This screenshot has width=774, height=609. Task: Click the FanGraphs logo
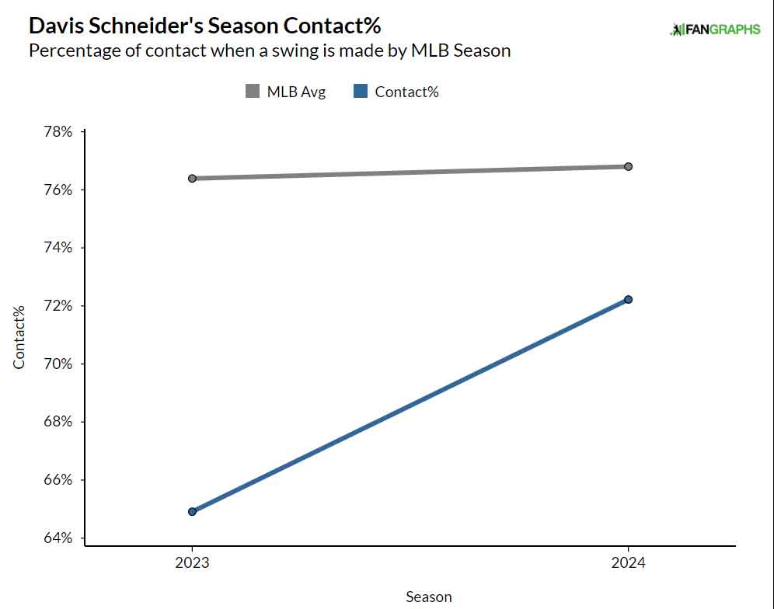[714, 30]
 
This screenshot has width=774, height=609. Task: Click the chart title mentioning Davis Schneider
[204, 26]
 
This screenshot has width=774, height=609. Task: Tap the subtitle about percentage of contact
[270, 51]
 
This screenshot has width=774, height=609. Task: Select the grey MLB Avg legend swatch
[253, 92]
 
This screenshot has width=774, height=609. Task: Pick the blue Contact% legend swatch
[361, 92]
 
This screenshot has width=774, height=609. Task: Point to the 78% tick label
[58, 132]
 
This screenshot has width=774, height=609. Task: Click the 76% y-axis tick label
[58, 190]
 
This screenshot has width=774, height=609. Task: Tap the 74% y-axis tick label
[58, 248]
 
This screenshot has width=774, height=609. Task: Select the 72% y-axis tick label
[58, 306]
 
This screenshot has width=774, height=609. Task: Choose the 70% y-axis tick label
[58, 364]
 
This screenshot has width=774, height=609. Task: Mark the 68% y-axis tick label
[58, 422]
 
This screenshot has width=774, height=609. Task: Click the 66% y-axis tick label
[58, 480]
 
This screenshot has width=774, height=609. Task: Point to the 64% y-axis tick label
[58, 538]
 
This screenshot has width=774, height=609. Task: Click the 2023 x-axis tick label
[192, 563]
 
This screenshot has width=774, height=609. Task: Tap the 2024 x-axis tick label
[628, 563]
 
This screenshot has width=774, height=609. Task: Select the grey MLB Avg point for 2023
[192, 179]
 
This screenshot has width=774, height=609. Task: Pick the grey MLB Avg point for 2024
[628, 166]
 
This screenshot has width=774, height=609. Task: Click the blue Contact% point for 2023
[192, 512]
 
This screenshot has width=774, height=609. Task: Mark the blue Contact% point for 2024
[628, 300]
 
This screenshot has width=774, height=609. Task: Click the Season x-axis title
[428, 597]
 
